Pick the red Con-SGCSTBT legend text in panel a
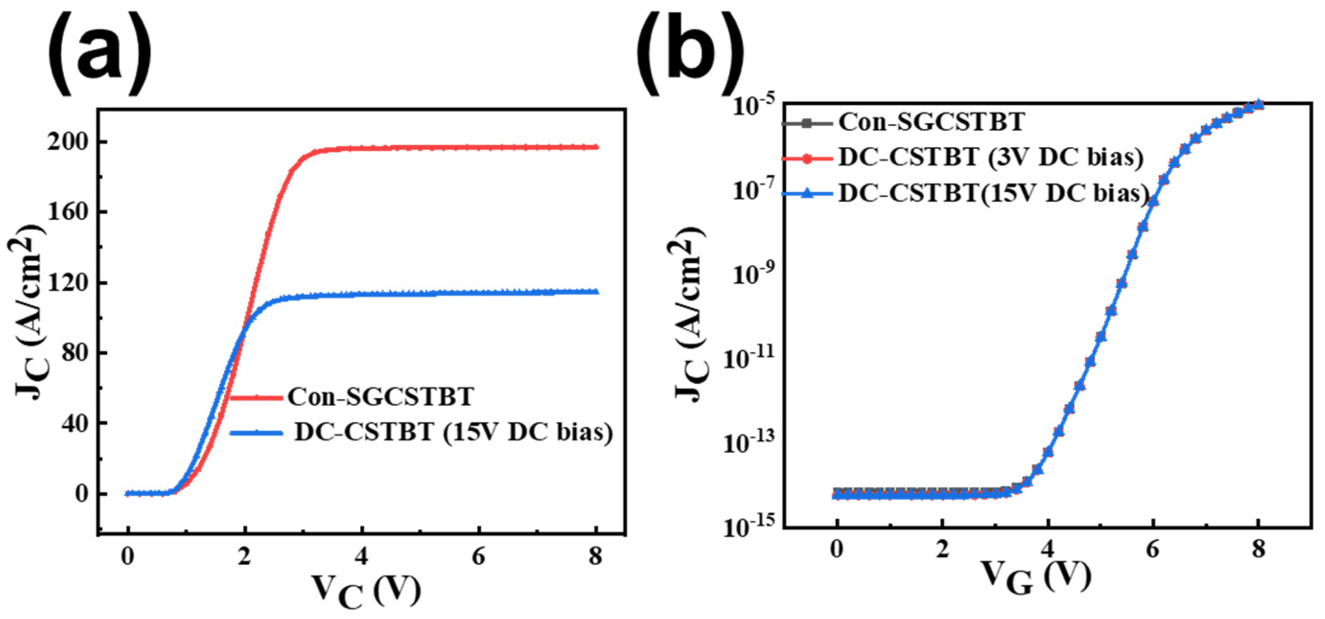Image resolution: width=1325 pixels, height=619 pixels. [380, 397]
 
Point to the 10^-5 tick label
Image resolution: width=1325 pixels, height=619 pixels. [751, 109]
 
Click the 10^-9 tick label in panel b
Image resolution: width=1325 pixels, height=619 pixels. [751, 276]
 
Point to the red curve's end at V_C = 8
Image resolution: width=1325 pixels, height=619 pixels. [596, 148]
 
